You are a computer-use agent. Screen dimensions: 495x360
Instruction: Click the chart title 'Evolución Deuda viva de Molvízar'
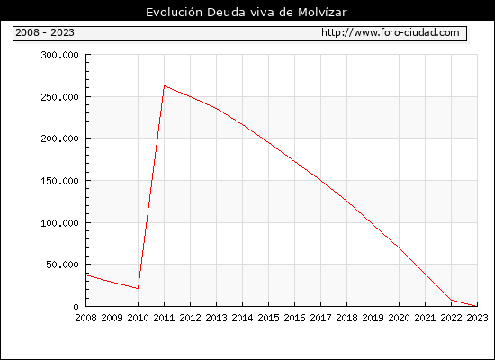click(247, 13)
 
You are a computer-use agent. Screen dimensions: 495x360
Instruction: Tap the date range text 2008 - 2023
click(45, 32)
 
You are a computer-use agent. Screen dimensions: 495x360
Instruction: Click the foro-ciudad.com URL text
click(391, 32)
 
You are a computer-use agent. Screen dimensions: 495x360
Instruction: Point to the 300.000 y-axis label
click(59, 55)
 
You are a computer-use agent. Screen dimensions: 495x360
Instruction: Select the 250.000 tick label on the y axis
click(59, 97)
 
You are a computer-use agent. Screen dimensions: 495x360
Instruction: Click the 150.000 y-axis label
click(59, 181)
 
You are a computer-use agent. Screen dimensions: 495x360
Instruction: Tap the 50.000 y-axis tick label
click(62, 265)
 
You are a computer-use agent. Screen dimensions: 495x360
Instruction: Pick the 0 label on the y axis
click(76, 307)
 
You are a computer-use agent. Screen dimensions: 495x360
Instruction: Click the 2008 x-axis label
click(85, 318)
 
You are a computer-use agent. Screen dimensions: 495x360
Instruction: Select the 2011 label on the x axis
click(164, 318)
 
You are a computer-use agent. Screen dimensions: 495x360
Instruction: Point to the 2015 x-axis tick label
click(269, 318)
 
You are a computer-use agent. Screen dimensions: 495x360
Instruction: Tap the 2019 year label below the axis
click(373, 318)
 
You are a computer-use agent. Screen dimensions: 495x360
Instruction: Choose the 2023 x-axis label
click(477, 318)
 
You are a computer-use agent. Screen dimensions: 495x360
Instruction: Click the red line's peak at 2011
click(164, 85)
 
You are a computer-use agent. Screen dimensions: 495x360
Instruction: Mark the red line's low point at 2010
click(138, 288)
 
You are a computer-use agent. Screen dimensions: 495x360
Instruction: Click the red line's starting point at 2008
click(86, 275)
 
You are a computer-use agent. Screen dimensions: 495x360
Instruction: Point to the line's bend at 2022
click(452, 300)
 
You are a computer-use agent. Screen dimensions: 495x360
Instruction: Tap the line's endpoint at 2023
click(477, 306)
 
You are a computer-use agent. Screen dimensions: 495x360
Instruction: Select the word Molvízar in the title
click(322, 13)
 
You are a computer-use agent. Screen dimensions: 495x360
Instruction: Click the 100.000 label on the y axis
click(59, 223)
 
